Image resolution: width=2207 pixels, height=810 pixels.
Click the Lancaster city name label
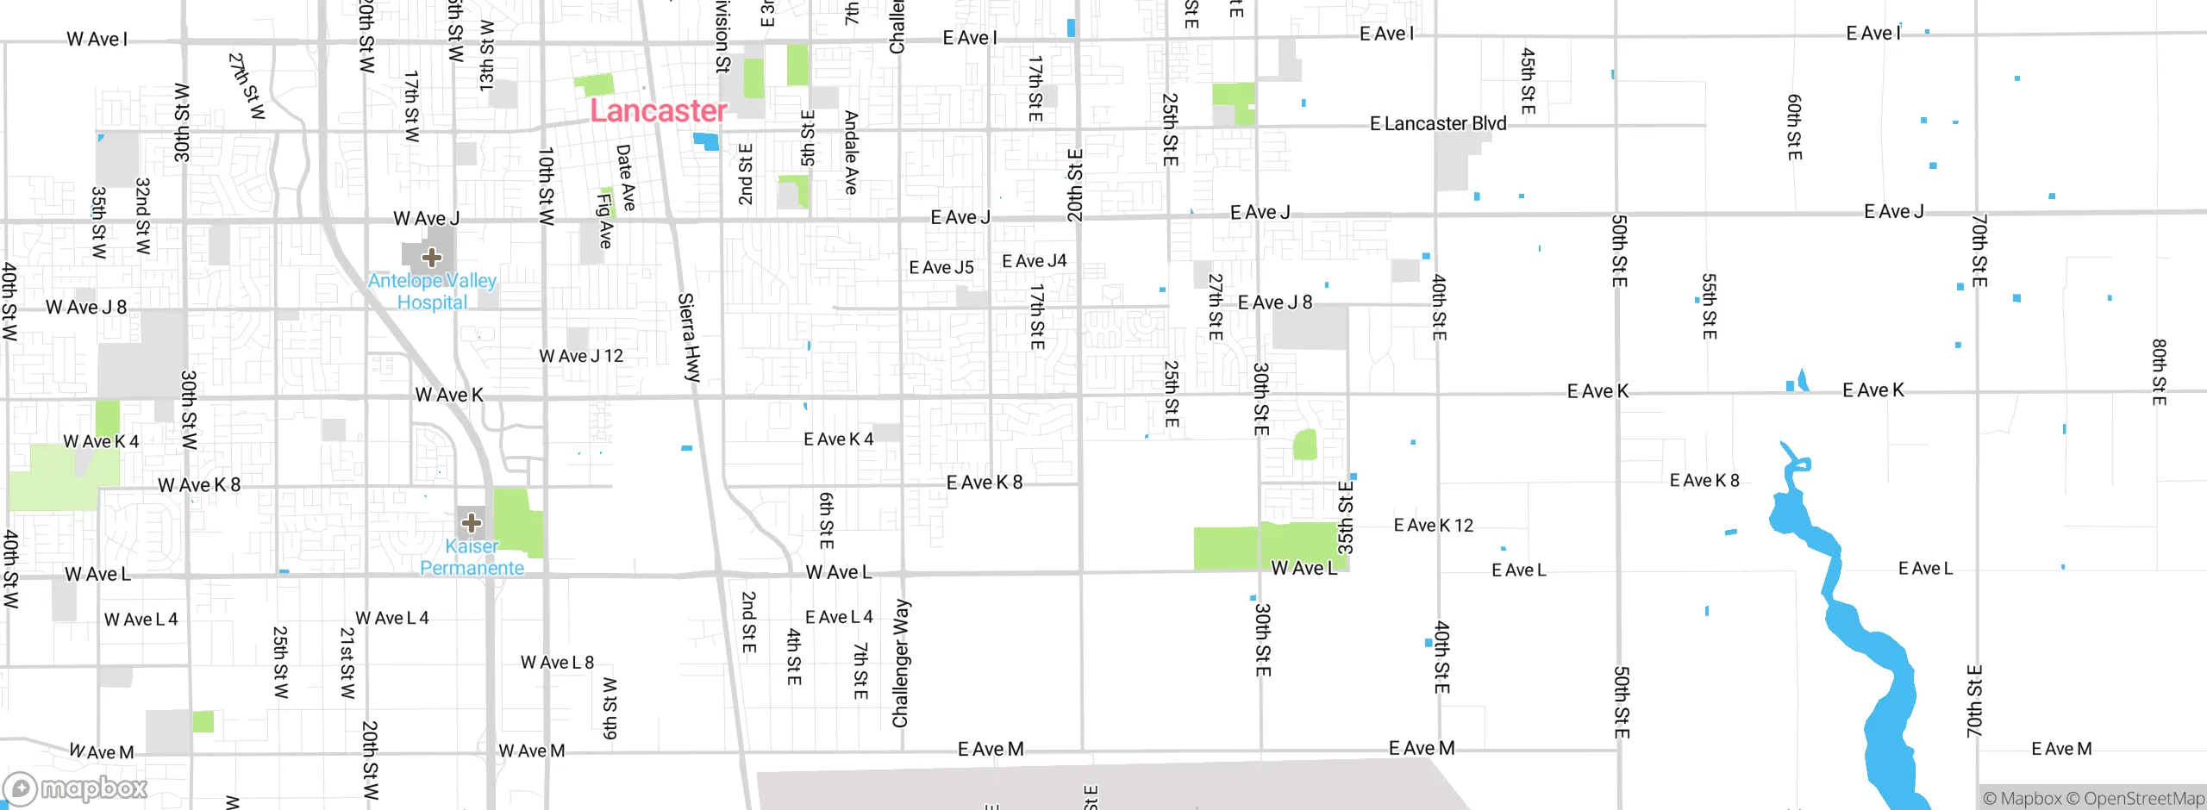pyautogui.click(x=658, y=111)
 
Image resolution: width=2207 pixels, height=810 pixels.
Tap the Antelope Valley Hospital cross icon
pyautogui.click(x=432, y=257)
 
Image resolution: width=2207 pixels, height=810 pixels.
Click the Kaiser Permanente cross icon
pyautogui.click(x=472, y=522)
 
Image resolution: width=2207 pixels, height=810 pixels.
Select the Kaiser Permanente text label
pyautogui.click(x=472, y=558)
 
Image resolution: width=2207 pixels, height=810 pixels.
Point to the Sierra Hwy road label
pyautogui.click(x=690, y=337)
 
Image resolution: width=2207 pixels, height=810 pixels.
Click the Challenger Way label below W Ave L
pyautogui.click(x=900, y=664)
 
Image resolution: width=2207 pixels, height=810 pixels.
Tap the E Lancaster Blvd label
pyautogui.click(x=1438, y=124)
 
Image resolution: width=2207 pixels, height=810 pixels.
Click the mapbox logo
pyautogui.click(x=76, y=788)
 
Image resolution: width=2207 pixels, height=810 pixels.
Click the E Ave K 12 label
pyautogui.click(x=1434, y=526)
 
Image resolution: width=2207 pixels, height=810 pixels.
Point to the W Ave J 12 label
pyautogui.click(x=581, y=356)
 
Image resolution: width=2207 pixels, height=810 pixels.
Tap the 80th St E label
pyautogui.click(x=2159, y=372)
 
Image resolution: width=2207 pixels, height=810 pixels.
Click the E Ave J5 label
pyautogui.click(x=941, y=268)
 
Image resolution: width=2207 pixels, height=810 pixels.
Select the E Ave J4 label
pyautogui.click(x=1034, y=261)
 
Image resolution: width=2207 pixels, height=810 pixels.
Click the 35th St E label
pyautogui.click(x=1346, y=517)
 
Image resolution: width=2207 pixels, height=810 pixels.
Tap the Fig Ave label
pyautogui.click(x=604, y=221)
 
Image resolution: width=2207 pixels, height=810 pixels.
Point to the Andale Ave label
pyautogui.click(x=851, y=153)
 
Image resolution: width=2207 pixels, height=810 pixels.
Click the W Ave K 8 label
pyautogui.click(x=199, y=485)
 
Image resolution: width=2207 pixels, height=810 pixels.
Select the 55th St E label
pyautogui.click(x=1709, y=307)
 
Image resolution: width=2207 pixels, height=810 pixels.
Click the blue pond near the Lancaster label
pyautogui.click(x=706, y=141)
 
